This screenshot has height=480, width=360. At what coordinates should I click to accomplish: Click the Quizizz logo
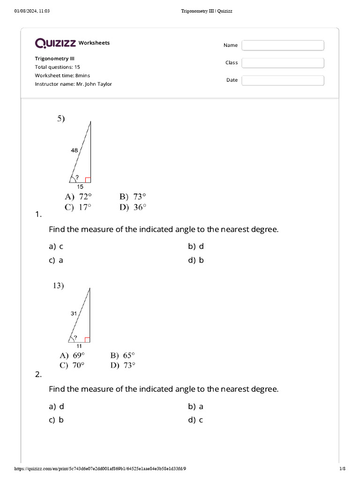[55, 43]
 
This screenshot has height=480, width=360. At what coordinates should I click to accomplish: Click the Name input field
[283, 45]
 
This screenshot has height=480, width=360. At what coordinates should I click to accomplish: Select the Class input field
[283, 63]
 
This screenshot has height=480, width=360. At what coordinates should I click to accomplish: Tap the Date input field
[283, 80]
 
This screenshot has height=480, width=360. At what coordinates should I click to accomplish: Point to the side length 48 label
[75, 150]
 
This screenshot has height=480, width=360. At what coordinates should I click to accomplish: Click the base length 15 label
[80, 186]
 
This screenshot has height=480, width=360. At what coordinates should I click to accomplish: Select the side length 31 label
[74, 314]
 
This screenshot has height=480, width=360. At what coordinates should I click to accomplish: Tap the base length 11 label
[79, 345]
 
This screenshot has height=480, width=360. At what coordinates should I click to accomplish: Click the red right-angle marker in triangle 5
[88, 180]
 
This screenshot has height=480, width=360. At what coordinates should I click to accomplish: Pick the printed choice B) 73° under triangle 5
[133, 197]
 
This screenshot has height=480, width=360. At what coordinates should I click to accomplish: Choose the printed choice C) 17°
[78, 207]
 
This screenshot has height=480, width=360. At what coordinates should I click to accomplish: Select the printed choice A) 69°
[72, 355]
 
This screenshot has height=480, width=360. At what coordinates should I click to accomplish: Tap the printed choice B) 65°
[123, 355]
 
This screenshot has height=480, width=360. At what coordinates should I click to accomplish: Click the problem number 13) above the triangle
[58, 285]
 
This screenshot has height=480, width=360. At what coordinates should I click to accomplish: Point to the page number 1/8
[342, 469]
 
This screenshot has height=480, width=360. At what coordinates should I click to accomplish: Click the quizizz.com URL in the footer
[103, 469]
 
